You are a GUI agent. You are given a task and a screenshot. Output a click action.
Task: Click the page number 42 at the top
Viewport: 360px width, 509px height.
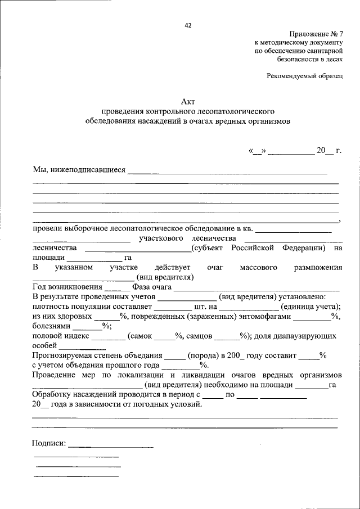click(x=188, y=25)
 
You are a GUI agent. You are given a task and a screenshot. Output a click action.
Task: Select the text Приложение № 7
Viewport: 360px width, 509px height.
click(x=316, y=34)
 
